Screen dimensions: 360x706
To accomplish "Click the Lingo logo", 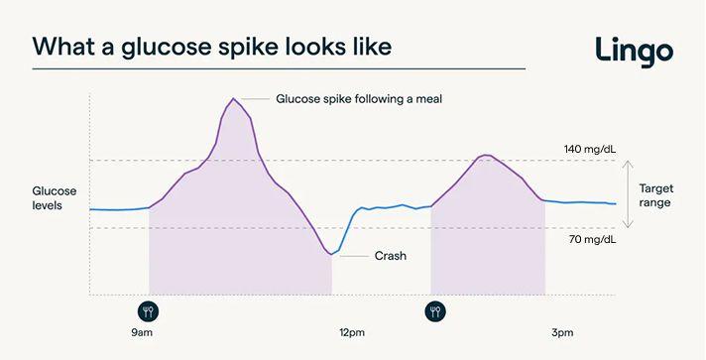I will tap(634, 49).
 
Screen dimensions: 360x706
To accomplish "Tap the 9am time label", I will tap(142, 332).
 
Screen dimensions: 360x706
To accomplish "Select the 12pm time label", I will tap(352, 332).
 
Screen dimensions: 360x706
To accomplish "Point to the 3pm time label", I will tap(562, 332).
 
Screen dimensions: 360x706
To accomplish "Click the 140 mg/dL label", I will tap(590, 150).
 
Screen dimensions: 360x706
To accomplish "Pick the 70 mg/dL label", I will tap(592, 240).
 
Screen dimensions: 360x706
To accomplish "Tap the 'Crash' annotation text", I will tap(390, 255).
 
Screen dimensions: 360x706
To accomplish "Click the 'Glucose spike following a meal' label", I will tap(357, 99).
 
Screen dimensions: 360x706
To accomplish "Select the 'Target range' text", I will tap(654, 194).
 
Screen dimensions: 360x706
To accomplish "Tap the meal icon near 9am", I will tap(149, 310).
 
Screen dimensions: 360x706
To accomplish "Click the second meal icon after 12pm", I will tap(434, 310).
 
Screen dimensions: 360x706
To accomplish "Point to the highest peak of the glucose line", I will tap(233, 98).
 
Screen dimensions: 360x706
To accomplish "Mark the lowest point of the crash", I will tap(332, 255).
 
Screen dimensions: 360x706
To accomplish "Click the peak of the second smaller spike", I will tap(484, 156).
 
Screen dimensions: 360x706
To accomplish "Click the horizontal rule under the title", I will tap(278, 68).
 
